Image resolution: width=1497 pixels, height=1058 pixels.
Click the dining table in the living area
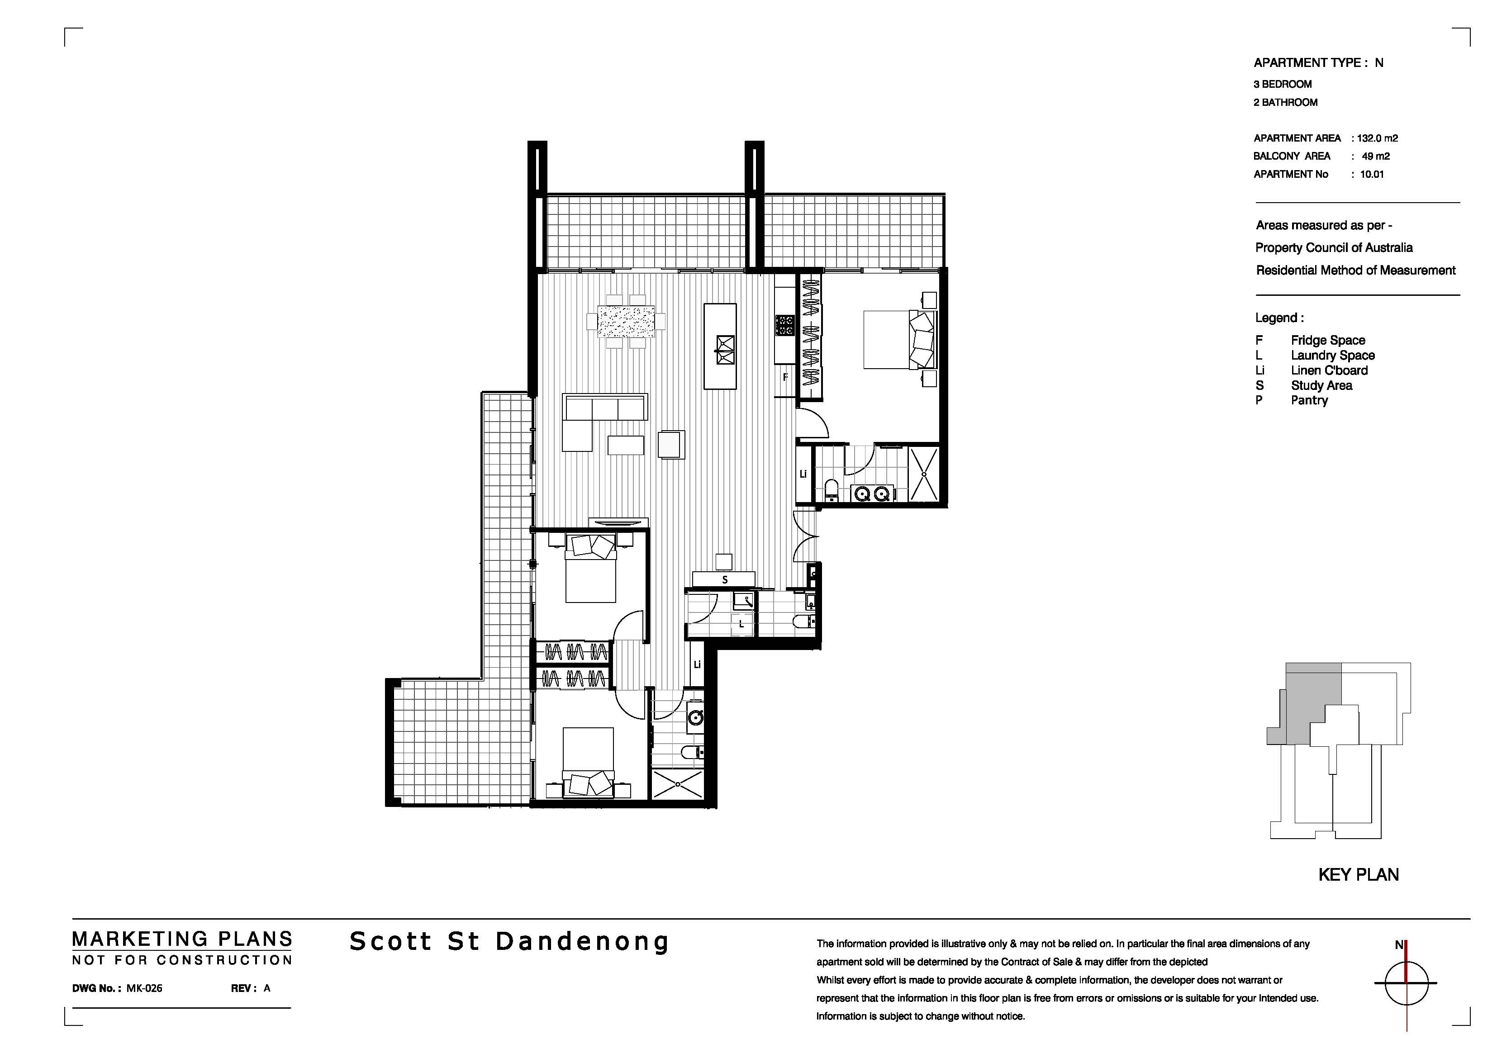(x=626, y=321)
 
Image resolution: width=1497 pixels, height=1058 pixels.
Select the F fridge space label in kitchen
(x=786, y=377)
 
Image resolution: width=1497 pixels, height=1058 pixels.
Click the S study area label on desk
(x=724, y=579)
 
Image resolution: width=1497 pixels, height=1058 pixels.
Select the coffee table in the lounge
(x=626, y=445)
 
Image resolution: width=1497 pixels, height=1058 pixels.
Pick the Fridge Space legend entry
(x=1327, y=340)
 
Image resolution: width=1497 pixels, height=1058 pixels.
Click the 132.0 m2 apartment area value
(x=1378, y=138)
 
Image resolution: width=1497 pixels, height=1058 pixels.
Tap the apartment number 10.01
(x=1372, y=174)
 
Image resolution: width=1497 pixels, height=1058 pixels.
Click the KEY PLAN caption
(x=1359, y=875)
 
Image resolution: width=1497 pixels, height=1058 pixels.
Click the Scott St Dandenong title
(x=509, y=941)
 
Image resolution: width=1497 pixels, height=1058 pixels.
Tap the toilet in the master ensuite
(x=832, y=489)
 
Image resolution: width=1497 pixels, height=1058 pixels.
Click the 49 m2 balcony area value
(x=1376, y=157)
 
